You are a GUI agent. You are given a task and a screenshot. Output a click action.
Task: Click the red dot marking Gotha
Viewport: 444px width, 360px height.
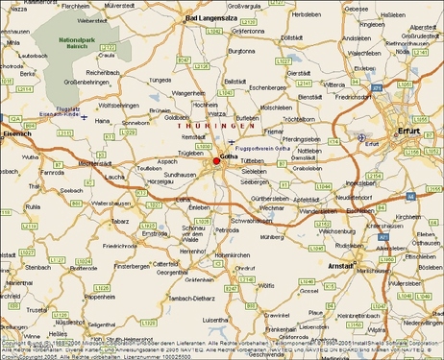pos(216,161)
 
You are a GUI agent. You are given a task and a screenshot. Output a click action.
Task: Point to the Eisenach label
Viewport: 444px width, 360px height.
pos(17,133)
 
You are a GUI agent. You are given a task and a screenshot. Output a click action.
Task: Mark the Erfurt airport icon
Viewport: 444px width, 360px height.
pos(360,137)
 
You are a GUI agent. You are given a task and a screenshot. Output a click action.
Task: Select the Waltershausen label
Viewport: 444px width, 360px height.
pos(111,204)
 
